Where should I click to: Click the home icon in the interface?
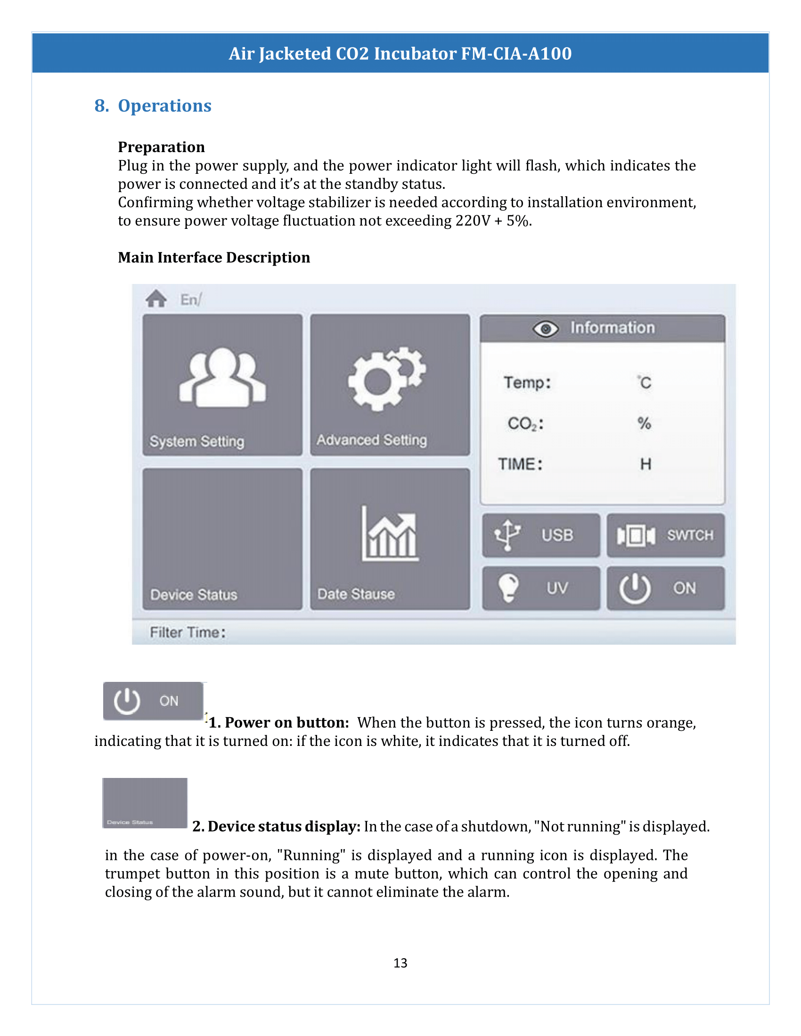(x=156, y=299)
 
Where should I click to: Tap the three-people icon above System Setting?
(x=222, y=378)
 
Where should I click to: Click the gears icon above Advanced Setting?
(x=387, y=379)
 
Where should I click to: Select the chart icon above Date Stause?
(x=390, y=534)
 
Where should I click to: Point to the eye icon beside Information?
(x=545, y=328)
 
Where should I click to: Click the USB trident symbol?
(x=507, y=535)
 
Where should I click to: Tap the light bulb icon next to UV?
(x=508, y=588)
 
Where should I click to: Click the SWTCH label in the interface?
(x=690, y=535)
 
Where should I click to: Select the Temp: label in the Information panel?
(x=527, y=382)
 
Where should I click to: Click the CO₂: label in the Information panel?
(x=525, y=423)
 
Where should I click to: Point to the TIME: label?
(x=520, y=464)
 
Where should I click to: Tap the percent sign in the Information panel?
(x=644, y=423)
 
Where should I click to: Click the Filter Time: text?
(x=188, y=632)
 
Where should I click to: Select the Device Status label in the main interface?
(x=194, y=595)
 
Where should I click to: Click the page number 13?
(x=400, y=963)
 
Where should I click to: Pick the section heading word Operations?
(x=164, y=106)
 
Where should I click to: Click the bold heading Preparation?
(x=161, y=147)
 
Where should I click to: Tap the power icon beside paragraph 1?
(x=127, y=701)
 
